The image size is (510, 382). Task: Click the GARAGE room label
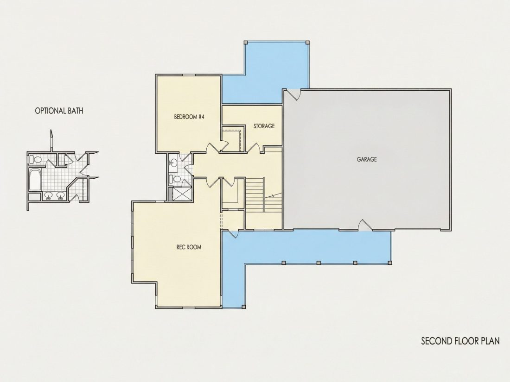click(x=367, y=159)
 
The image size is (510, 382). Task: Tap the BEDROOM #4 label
click(x=189, y=117)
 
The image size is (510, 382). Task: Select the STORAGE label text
click(x=264, y=125)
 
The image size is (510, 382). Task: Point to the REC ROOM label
click(x=189, y=247)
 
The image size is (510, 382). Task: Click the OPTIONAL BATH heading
click(x=59, y=111)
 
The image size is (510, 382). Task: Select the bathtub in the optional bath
click(x=35, y=179)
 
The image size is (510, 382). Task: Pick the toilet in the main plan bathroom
click(x=176, y=179)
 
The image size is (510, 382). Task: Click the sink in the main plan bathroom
click(x=173, y=163)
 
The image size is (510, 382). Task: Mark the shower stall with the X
click(x=179, y=194)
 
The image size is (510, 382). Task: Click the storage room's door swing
click(x=253, y=147)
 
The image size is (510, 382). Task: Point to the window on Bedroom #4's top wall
click(x=188, y=75)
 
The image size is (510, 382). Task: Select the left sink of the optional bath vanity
click(x=49, y=195)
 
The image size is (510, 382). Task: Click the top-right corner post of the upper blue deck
click(x=307, y=42)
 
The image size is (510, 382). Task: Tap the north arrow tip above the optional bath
click(x=51, y=130)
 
